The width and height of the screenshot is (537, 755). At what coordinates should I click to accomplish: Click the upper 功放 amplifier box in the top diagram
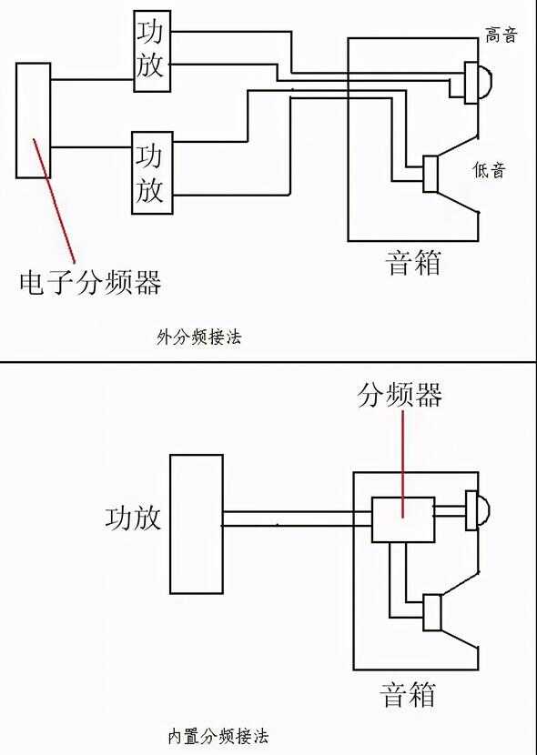(152, 51)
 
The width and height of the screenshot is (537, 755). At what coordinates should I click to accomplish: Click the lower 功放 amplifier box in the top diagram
(152, 173)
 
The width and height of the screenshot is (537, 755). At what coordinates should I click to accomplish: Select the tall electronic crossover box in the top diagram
(34, 120)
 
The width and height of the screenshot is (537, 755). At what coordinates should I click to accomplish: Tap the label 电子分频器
(90, 282)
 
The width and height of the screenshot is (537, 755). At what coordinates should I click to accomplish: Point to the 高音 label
(501, 35)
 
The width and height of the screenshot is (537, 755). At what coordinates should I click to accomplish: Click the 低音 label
(490, 170)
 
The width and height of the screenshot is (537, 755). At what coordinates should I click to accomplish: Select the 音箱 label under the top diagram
(414, 263)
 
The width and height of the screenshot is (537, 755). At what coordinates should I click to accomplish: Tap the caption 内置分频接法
(218, 736)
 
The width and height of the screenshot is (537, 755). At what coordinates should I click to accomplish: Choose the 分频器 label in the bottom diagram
(400, 396)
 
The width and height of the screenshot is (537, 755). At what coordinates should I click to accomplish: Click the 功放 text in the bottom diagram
(133, 518)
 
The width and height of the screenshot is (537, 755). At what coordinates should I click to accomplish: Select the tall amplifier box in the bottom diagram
(197, 524)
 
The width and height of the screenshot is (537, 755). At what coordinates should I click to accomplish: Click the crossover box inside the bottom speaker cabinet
(403, 519)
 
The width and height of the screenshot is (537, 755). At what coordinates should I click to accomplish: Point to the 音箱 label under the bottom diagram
(408, 694)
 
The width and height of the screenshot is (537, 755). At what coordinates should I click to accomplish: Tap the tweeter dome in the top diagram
(484, 83)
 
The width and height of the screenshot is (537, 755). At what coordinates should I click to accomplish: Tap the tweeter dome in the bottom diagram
(483, 510)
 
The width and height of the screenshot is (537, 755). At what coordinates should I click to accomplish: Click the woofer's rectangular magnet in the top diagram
(431, 174)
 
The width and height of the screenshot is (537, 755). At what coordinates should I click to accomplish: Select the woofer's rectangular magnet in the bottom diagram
(432, 612)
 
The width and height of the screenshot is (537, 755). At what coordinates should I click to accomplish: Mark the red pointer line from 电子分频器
(54, 200)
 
